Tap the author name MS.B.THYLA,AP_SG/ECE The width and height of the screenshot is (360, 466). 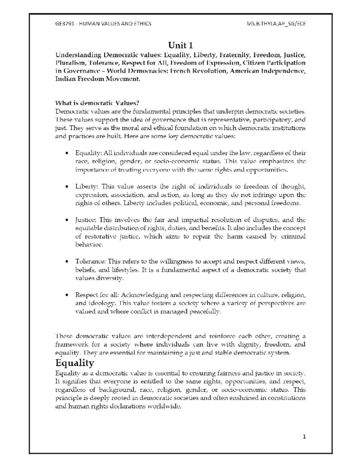(275, 23)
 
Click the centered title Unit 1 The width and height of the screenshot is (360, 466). (180, 45)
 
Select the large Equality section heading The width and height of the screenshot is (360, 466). (75, 363)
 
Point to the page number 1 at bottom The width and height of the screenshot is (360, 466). (304, 437)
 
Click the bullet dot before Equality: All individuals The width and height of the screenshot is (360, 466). (67, 153)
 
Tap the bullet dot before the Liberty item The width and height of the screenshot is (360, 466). (67, 187)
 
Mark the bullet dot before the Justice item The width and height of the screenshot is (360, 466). (67, 220)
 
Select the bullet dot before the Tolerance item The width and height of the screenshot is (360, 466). (67, 261)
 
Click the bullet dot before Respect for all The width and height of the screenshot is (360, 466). (67, 295)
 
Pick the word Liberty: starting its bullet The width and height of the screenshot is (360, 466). (86, 187)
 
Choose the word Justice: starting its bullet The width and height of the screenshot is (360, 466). (86, 220)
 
